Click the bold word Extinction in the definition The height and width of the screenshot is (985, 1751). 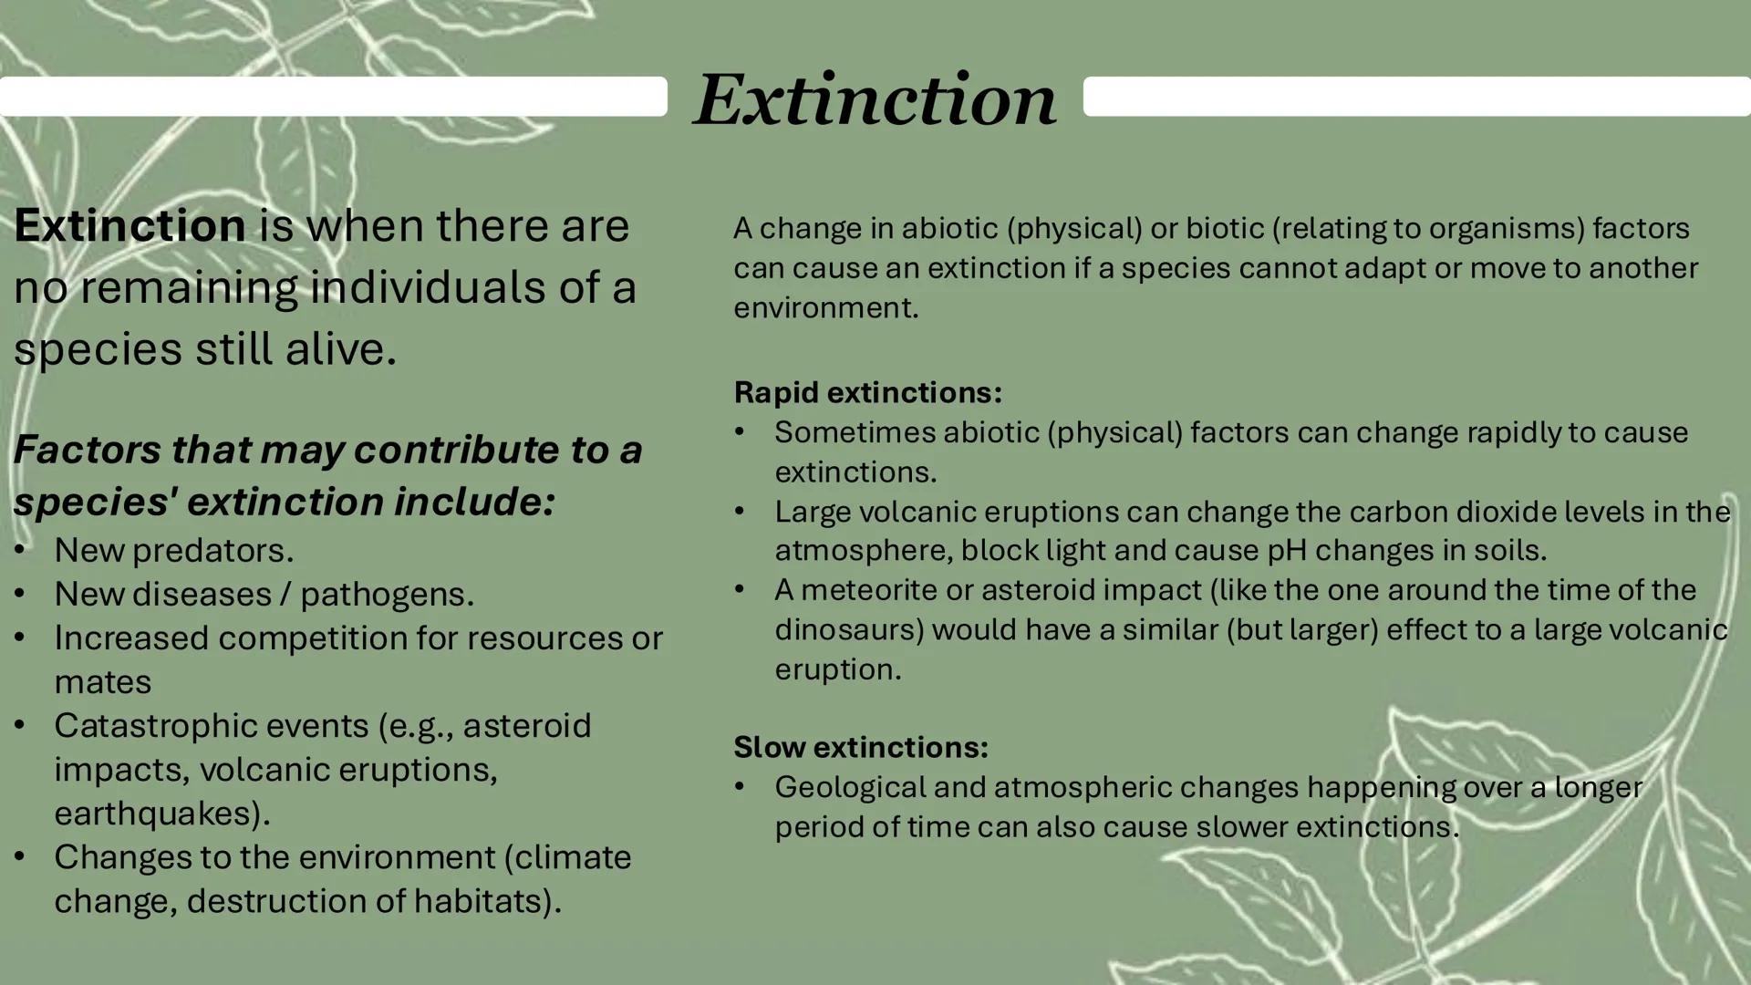point(130,225)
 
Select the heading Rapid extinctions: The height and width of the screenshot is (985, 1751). point(867,392)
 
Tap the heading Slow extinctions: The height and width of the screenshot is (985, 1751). point(860,747)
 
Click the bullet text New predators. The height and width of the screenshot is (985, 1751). point(173,550)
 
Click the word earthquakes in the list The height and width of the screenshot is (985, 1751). point(157,813)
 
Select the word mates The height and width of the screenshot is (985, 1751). point(102,682)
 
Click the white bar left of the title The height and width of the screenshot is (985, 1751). point(333,96)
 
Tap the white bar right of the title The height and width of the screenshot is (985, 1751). point(1416,96)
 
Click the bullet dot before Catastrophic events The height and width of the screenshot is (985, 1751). point(19,726)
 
